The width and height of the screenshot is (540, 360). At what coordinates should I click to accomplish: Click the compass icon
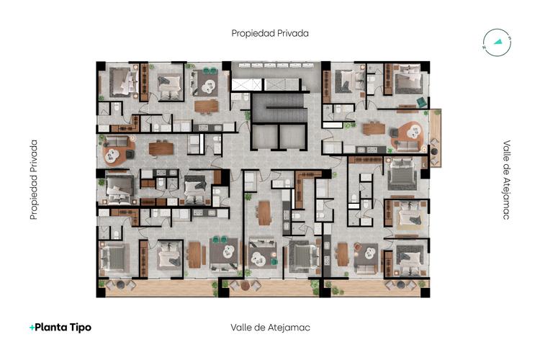click(498, 41)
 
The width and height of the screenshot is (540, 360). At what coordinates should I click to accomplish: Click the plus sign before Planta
click(32, 327)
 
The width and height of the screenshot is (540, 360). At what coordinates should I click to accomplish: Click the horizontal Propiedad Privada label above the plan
click(270, 33)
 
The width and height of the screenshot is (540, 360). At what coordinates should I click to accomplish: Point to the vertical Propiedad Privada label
click(33, 179)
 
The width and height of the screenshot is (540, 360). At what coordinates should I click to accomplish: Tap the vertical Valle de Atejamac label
click(506, 179)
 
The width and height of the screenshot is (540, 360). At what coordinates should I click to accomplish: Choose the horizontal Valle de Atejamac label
click(270, 327)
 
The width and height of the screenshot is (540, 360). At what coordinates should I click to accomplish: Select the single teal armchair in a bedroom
click(421, 102)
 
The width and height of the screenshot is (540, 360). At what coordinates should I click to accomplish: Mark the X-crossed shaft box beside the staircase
click(239, 85)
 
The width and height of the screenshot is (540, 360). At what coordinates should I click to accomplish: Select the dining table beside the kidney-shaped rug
click(374, 129)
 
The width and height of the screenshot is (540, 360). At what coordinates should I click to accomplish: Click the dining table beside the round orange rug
click(161, 149)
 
